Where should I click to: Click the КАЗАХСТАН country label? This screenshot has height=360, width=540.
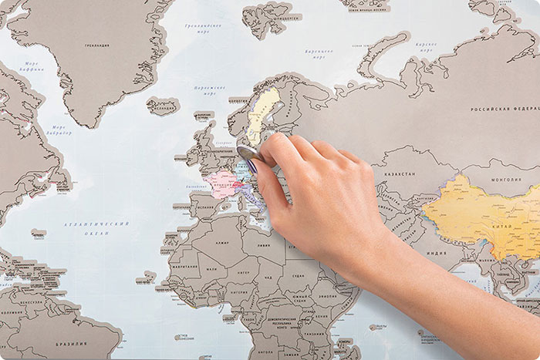coord(398,174)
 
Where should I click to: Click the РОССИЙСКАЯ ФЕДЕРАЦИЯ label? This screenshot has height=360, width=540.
coord(504,109)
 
